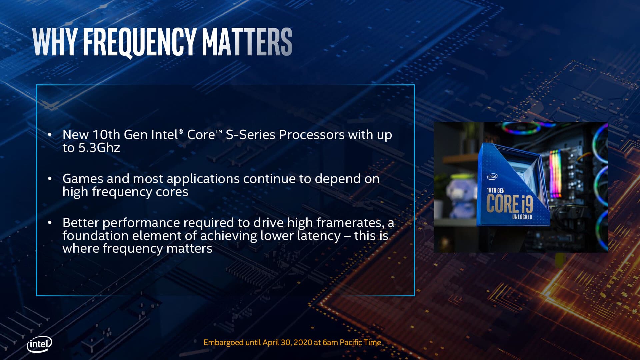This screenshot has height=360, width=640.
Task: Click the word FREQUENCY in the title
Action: tap(139, 42)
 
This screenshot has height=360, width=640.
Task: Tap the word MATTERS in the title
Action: tap(247, 42)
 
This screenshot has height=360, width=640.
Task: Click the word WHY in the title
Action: tap(55, 42)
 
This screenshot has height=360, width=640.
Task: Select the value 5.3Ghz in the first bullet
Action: tap(99, 148)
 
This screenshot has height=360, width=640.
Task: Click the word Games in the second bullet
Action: tap(83, 179)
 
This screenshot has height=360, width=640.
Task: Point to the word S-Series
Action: tap(250, 135)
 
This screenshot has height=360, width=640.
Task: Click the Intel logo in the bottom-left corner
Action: tap(39, 344)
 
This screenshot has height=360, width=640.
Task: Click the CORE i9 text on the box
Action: tap(509, 204)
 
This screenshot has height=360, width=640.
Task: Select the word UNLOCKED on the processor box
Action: tap(522, 217)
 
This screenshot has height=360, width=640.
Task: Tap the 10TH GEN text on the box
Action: tap(496, 190)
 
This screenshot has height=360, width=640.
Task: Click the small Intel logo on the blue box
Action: tap(492, 176)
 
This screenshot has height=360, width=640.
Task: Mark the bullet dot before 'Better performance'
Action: tap(50, 222)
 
